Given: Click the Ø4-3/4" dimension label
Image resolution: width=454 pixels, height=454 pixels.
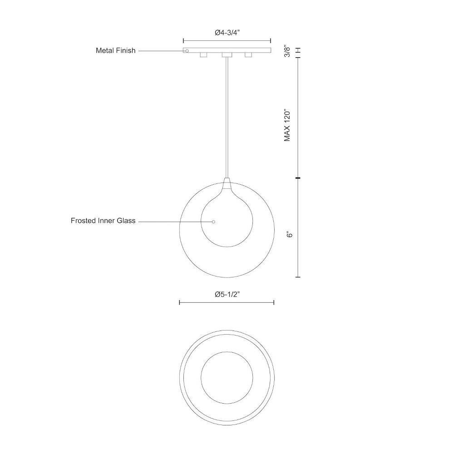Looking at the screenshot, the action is [x=227, y=33].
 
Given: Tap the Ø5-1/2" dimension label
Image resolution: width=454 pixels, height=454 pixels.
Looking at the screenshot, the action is [x=227, y=295].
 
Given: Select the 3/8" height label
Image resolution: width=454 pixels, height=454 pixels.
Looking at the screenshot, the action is [x=287, y=51].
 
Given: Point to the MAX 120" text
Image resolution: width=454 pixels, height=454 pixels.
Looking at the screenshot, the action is [x=287, y=125].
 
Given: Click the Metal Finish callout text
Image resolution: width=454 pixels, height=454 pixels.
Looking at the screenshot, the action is [x=115, y=50].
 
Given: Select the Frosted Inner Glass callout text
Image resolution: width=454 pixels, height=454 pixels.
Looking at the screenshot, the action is [x=103, y=221].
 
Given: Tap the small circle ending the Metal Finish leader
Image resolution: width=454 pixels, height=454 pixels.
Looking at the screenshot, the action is [x=187, y=51].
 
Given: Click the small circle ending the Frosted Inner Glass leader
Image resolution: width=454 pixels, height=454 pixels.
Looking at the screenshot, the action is [x=213, y=222].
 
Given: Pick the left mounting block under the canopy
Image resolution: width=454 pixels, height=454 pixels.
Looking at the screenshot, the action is [x=203, y=55].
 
